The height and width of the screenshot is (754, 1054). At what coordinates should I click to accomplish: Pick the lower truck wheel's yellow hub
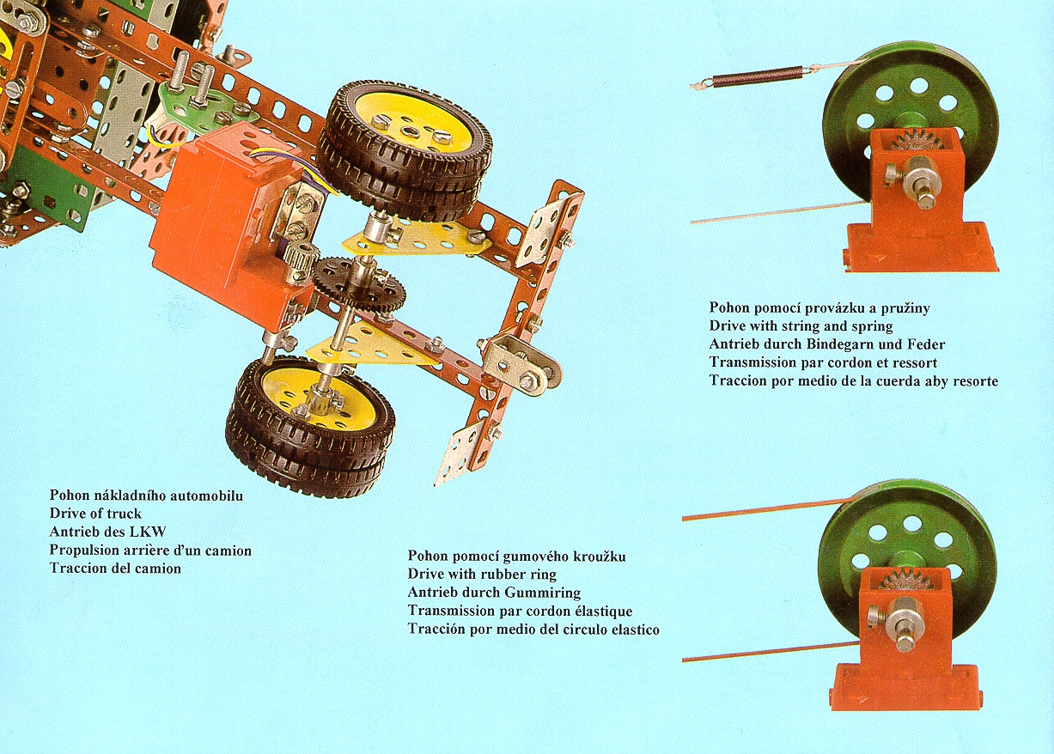click(310, 398)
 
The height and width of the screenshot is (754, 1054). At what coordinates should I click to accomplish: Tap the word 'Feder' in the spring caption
click(927, 344)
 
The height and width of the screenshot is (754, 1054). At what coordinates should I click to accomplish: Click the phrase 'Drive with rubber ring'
click(482, 575)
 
